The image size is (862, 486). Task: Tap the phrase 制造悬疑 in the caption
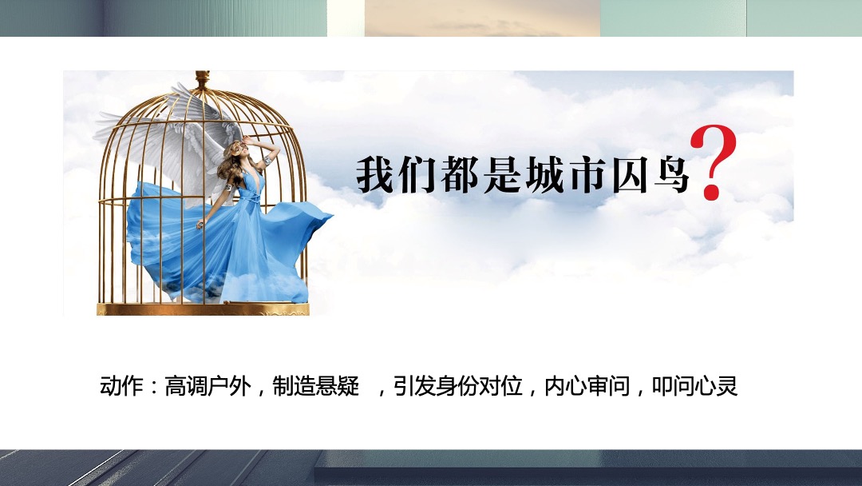(316, 387)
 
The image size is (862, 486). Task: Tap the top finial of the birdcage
(202, 78)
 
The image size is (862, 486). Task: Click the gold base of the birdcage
(202, 309)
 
